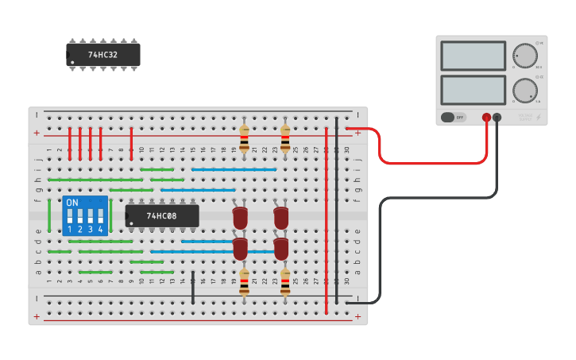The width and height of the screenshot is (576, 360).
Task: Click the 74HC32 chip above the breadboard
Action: pyautogui.click(x=103, y=55)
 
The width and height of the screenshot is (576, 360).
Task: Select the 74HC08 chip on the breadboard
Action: pyautogui.click(x=161, y=215)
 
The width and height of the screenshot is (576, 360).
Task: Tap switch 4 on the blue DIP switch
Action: pyautogui.click(x=100, y=216)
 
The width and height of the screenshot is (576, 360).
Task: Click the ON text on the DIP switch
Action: pyautogui.click(x=72, y=203)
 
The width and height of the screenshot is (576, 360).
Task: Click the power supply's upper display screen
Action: pyautogui.click(x=473, y=56)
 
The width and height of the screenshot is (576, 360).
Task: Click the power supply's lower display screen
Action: pyautogui.click(x=473, y=89)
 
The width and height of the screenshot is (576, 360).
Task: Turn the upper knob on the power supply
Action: pyautogui.click(x=524, y=55)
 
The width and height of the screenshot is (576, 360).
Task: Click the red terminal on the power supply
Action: pyautogui.click(x=486, y=118)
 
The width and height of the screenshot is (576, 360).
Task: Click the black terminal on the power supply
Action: pyautogui.click(x=497, y=118)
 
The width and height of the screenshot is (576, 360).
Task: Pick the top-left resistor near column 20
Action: pyautogui.click(x=244, y=137)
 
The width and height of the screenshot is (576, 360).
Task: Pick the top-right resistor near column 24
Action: pyautogui.click(x=285, y=137)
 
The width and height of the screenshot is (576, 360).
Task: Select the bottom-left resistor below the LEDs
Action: pyautogui.click(x=244, y=283)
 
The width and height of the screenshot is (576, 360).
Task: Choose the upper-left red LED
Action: pyautogui.click(x=240, y=218)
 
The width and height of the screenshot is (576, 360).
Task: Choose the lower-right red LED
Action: pyautogui.click(x=281, y=248)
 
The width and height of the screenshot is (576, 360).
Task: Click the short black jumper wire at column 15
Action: pyautogui.click(x=193, y=288)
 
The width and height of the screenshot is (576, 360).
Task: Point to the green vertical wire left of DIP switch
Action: pyautogui.click(x=49, y=215)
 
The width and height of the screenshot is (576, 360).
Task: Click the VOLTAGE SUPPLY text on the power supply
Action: pyautogui.click(x=525, y=118)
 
